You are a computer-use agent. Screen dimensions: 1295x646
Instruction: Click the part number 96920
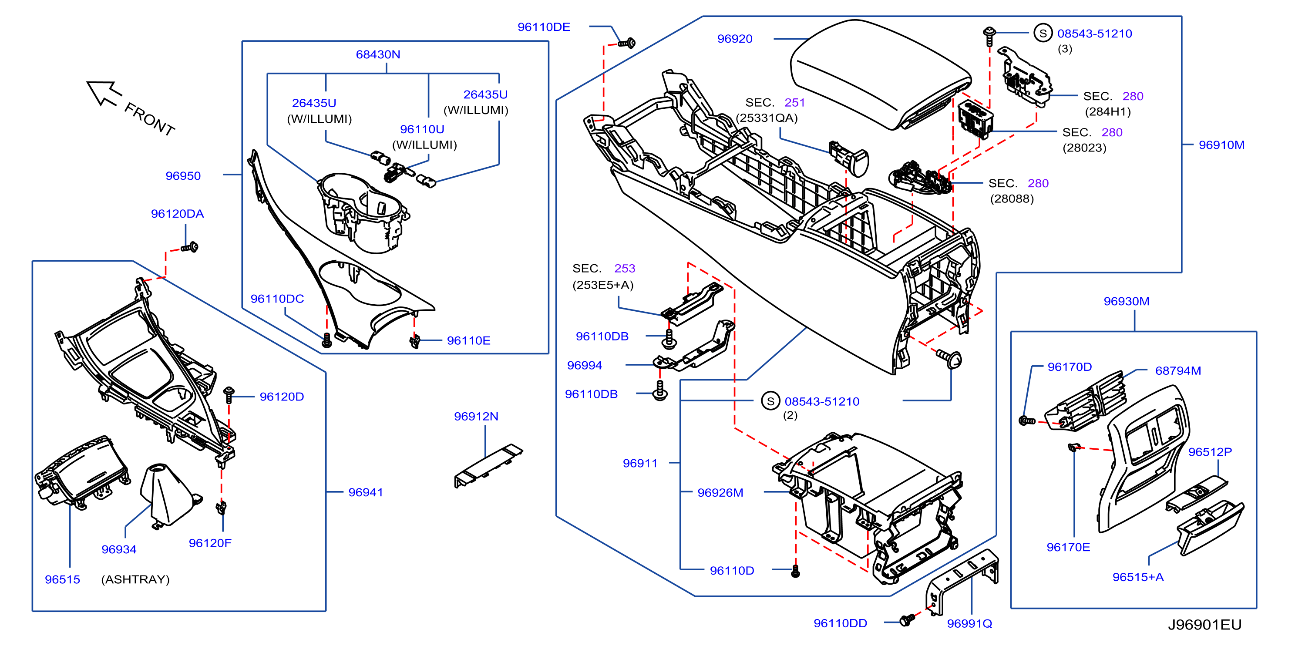tap(734, 39)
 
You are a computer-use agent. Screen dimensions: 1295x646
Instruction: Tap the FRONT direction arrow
tap(104, 93)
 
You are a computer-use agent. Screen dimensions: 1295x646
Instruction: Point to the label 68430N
tap(378, 54)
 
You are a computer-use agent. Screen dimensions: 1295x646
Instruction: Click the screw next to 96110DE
tap(626, 43)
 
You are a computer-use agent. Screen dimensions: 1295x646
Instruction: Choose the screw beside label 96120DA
tap(189, 247)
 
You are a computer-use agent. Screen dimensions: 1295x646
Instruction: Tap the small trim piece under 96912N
tap(488, 465)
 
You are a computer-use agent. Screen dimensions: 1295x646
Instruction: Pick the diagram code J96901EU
tap(1204, 624)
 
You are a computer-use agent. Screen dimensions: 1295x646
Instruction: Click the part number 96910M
tap(1221, 145)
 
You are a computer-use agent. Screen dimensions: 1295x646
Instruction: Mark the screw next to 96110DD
tap(907, 620)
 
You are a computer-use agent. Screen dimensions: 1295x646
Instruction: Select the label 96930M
tap(1126, 301)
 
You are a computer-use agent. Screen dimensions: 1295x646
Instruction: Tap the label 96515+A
tap(1138, 577)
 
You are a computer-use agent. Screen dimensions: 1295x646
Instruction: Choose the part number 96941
tap(366, 492)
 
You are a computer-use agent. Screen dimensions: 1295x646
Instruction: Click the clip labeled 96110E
tap(415, 342)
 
